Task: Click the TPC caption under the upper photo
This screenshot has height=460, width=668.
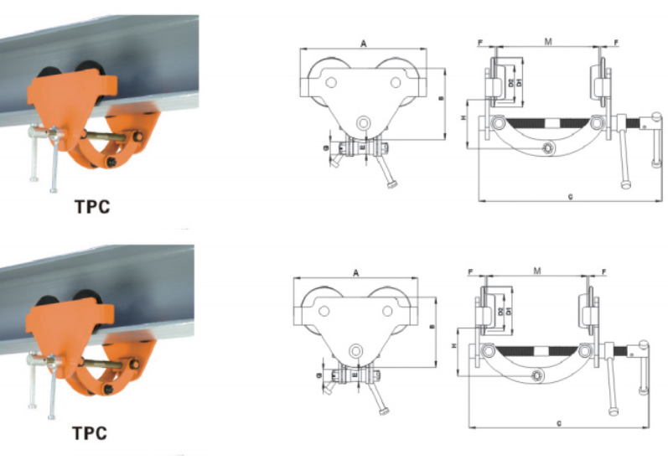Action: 90,205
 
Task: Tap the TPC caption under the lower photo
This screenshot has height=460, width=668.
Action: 90,433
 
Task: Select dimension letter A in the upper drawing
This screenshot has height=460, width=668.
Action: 363,42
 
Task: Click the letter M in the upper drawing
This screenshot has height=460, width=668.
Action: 547,41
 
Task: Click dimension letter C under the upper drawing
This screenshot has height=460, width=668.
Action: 570,197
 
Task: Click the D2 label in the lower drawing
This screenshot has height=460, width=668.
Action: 500,311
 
